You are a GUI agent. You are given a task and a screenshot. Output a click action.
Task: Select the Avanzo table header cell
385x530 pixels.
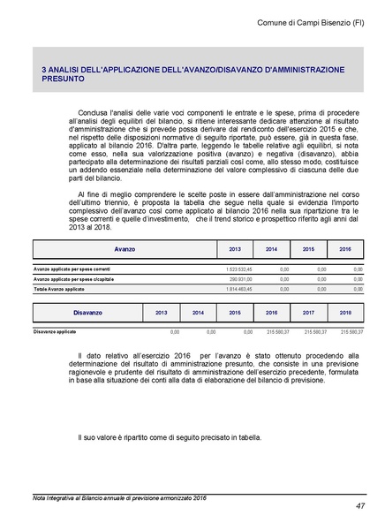pyautogui.click(x=125, y=250)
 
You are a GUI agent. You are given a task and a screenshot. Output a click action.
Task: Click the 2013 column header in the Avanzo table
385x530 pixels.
pyautogui.click(x=235, y=250)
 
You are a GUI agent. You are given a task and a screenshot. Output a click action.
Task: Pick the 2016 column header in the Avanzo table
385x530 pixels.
pyautogui.click(x=345, y=250)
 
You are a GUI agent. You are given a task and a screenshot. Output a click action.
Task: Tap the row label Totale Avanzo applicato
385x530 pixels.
pyautogui.click(x=59, y=289)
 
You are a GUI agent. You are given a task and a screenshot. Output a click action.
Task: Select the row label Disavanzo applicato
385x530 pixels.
pyautogui.click(x=56, y=332)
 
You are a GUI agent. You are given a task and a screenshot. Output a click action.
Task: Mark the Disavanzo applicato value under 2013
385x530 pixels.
pyautogui.click(x=175, y=332)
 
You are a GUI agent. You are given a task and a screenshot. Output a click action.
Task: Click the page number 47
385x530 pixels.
pyautogui.click(x=360, y=506)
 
